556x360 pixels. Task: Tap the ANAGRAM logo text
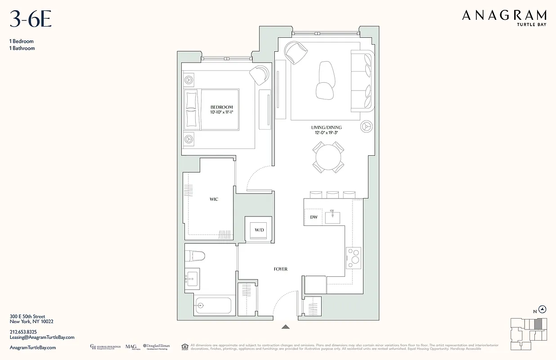[504, 15]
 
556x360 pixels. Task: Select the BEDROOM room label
[221, 107]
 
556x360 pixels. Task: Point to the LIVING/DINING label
[327, 127]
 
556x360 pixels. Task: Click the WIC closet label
[214, 199]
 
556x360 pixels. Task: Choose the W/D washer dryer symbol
[259, 230]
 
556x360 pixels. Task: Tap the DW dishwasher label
[314, 217]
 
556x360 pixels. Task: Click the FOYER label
[280, 269]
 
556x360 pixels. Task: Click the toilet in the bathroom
[195, 256]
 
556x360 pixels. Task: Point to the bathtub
[213, 306]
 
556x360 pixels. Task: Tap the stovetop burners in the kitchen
[354, 256]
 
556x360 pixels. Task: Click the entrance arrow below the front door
[286, 327]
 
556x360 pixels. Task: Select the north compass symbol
[543, 309]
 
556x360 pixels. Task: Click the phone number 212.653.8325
[23, 332]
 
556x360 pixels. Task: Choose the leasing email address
[42, 337]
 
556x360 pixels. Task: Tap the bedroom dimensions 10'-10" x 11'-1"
[221, 112]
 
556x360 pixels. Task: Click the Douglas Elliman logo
[157, 347]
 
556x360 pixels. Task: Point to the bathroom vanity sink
[193, 279]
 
